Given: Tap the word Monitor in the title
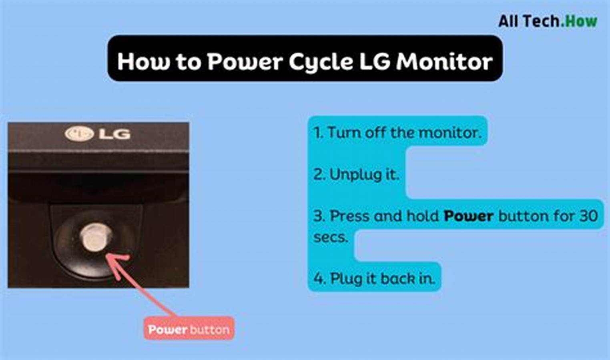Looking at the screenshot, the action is (x=444, y=62).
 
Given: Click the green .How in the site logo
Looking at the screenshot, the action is (x=579, y=22).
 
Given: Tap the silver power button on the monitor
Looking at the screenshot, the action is (x=95, y=237).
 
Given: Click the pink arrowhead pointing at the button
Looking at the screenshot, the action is (x=116, y=261).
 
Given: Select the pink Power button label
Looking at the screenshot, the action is (x=189, y=330).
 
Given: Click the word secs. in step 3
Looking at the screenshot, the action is (x=331, y=237).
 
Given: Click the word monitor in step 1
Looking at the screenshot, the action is (x=450, y=133).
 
